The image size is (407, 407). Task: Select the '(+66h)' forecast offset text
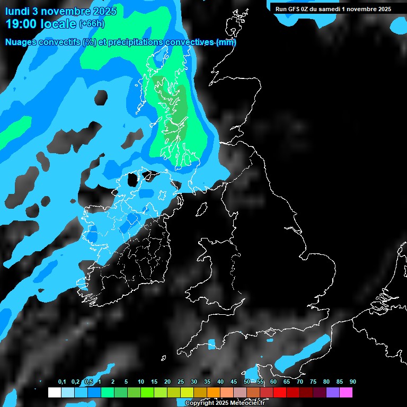click(x=92, y=24)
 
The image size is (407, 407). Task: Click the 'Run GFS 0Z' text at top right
click(x=293, y=9)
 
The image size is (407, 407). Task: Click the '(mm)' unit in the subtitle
click(x=226, y=42)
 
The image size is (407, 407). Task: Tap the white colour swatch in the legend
click(x=54, y=393)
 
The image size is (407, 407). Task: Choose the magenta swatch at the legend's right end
click(x=346, y=393)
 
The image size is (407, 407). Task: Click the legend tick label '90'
click(x=352, y=382)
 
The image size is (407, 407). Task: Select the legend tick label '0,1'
click(x=62, y=382)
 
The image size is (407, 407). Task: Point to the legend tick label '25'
click(x=181, y=382)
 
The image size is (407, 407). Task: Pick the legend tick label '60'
click(x=273, y=382)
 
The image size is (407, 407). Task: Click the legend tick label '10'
click(x=141, y=382)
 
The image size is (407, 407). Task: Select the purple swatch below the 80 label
click(x=332, y=393)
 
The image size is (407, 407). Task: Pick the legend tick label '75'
click(x=313, y=382)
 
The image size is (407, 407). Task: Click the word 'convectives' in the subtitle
click(x=189, y=42)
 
